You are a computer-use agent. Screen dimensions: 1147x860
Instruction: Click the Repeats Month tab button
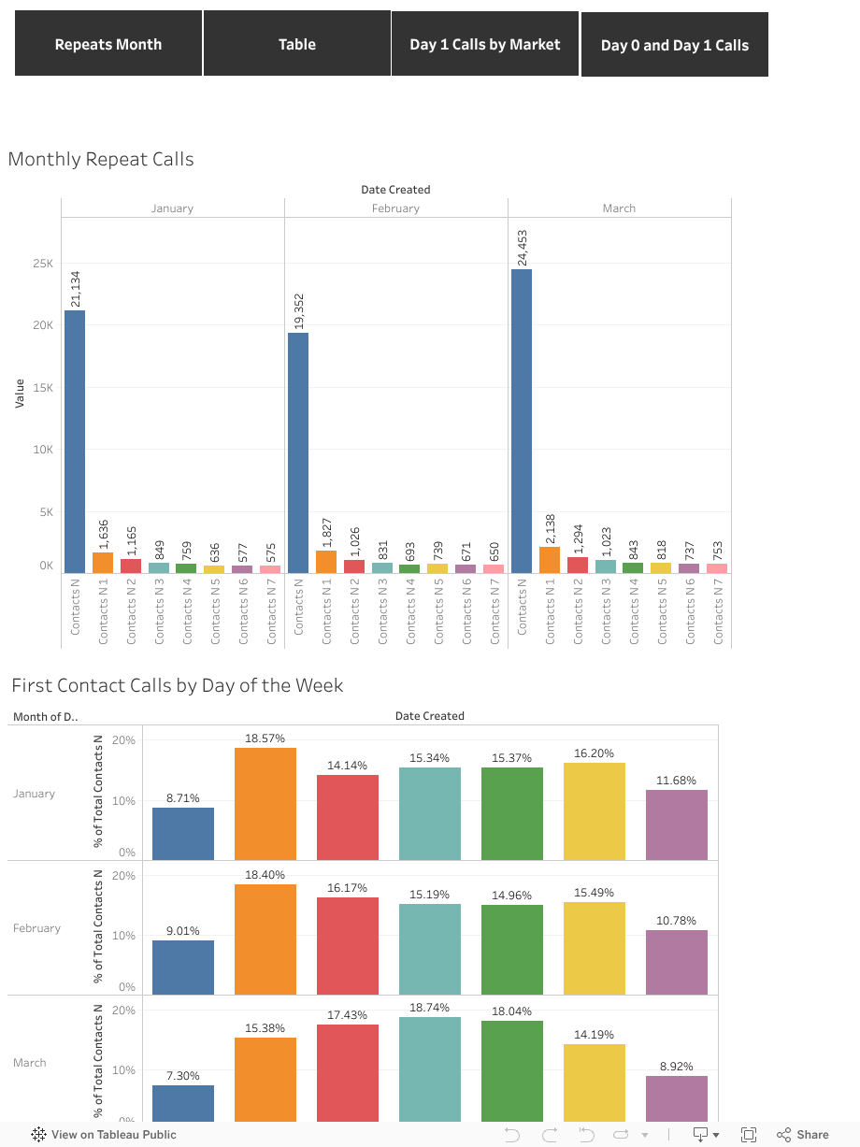coord(108,44)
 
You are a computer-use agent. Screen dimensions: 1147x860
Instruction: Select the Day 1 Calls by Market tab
coord(485,44)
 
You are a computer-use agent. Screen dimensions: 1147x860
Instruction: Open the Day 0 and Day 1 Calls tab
coord(675,45)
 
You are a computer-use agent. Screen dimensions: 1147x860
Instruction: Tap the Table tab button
coord(297,44)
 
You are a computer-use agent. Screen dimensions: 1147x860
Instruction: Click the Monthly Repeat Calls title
coord(101,159)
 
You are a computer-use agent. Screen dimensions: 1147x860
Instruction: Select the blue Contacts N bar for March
coord(522,421)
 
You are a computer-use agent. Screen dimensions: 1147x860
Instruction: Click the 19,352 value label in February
coord(299,311)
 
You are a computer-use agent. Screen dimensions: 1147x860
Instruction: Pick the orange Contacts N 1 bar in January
coord(103,563)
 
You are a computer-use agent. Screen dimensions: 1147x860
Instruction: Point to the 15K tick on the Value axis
coord(43,388)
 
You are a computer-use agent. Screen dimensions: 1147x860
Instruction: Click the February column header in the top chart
coord(395,208)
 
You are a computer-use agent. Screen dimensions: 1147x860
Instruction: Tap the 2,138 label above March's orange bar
coord(551,526)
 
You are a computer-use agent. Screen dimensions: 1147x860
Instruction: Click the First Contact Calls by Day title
coord(178,685)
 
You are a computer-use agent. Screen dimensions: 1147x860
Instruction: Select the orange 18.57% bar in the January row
coord(265,804)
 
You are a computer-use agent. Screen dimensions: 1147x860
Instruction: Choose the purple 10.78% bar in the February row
coord(677,962)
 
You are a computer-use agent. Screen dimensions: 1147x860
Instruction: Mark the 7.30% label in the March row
coord(183,1076)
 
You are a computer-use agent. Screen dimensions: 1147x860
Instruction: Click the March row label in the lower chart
coord(30,1063)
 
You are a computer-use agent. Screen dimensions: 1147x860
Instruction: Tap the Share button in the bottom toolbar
coord(803,1134)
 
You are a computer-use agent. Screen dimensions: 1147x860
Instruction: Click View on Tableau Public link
coord(105,1135)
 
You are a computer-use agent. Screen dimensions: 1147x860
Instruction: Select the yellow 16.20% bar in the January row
coord(595,811)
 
